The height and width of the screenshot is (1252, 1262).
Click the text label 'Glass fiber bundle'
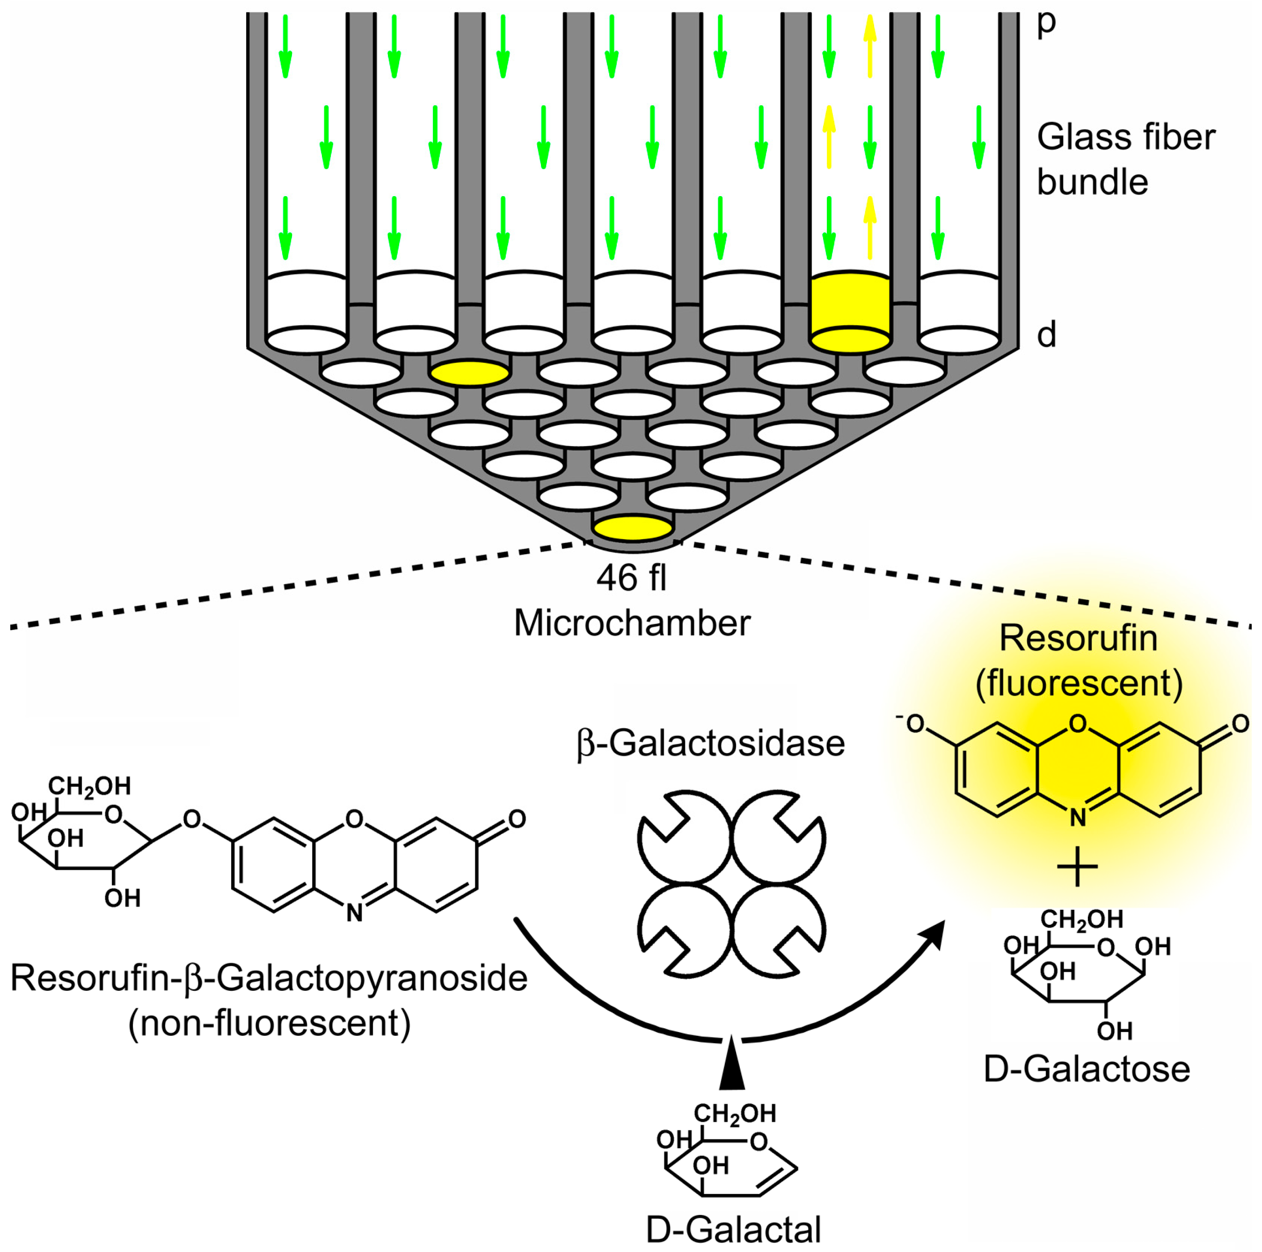(1125, 160)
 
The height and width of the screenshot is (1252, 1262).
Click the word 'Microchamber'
(632, 623)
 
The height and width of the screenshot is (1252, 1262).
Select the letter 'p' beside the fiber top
(1046, 23)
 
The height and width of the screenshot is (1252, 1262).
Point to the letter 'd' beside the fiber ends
(1046, 335)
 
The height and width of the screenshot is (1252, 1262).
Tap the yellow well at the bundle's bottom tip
(632, 527)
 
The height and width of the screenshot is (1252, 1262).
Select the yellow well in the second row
(470, 373)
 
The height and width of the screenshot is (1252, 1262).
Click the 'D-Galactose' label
(1086, 1069)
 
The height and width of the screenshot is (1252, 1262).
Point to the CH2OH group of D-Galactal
(734, 1113)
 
